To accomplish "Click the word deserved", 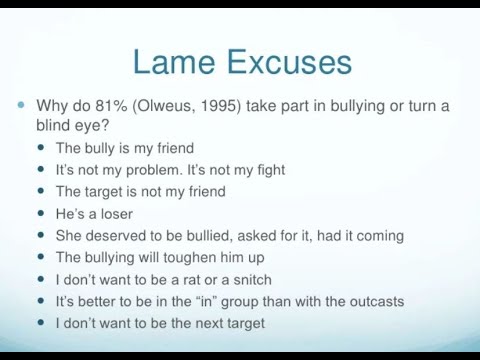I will click(118, 236).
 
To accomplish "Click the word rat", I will click(188, 279).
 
